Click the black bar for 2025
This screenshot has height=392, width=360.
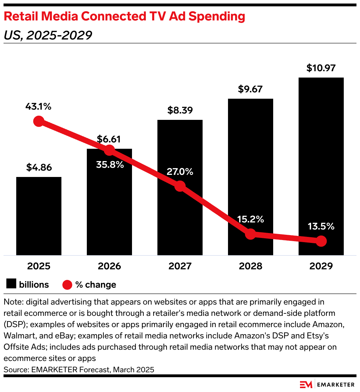tap(39, 216)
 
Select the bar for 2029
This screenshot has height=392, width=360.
tap(321, 166)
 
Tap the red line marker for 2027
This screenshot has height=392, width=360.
tap(180, 186)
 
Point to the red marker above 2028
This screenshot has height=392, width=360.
tap(250, 233)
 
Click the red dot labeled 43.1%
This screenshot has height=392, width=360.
tap(38, 122)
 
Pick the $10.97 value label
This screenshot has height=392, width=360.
tap(321, 68)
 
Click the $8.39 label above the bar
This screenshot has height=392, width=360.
tap(180, 110)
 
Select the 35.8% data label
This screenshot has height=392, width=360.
tap(109, 164)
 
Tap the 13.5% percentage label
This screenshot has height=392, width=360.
tap(321, 226)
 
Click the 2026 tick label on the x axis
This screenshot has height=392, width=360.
tap(109, 266)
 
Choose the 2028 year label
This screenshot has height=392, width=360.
tap(250, 266)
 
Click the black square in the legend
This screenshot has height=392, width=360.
tap(12, 284)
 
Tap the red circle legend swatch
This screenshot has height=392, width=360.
tap(67, 284)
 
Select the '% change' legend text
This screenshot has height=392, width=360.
tap(96, 284)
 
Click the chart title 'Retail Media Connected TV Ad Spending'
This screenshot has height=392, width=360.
tap(124, 16)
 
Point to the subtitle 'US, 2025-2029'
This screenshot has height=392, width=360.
tap(48, 35)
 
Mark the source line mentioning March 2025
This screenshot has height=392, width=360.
tap(79, 370)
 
